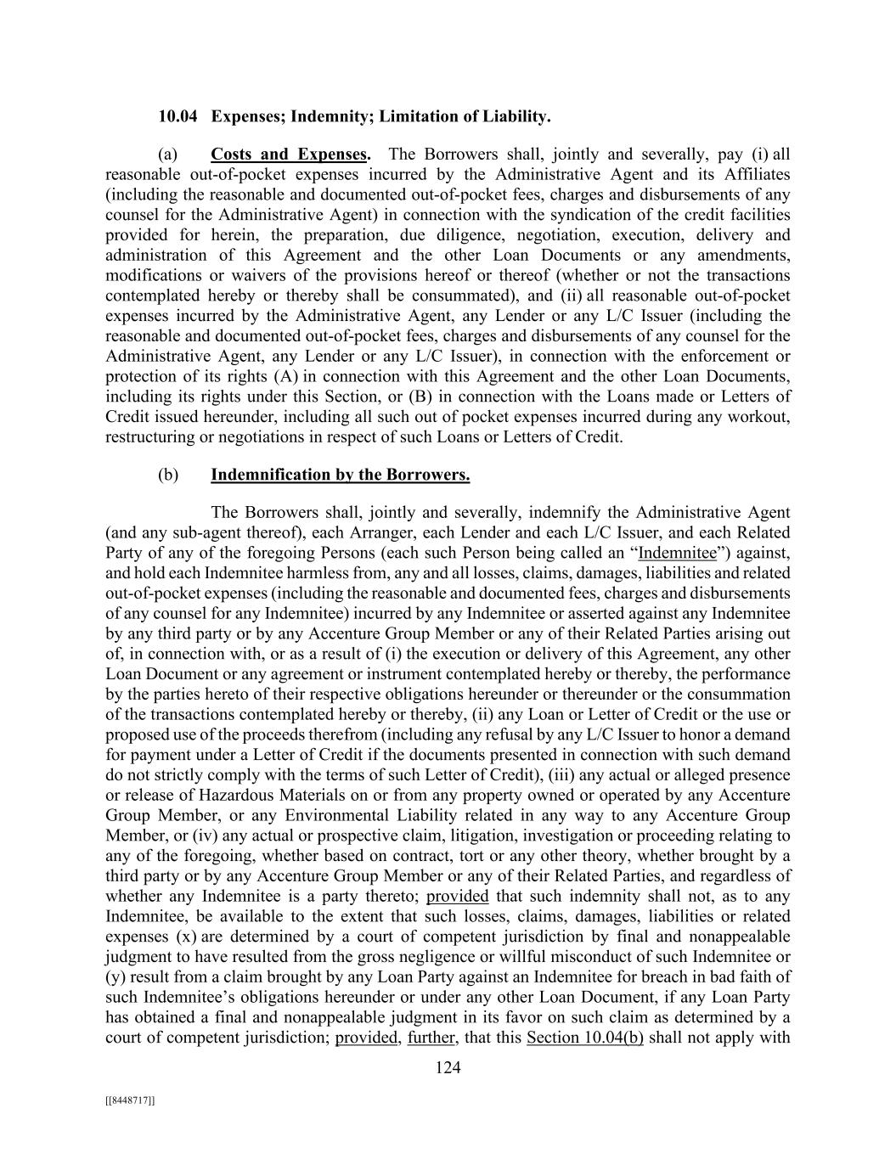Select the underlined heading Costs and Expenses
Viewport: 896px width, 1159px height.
[289, 155]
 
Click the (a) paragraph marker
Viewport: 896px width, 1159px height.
[168, 155]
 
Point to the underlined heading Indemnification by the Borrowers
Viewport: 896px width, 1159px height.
[340, 475]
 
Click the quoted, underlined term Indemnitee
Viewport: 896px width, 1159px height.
[677, 553]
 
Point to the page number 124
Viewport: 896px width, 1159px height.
[448, 1068]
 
